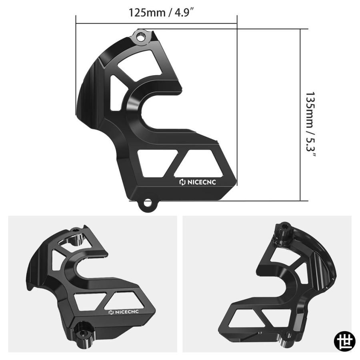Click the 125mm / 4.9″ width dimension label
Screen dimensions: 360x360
(x=160, y=13)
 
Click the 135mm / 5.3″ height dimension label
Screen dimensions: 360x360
(x=310, y=124)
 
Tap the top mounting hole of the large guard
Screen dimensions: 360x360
(x=141, y=37)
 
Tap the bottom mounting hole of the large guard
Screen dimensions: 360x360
(x=148, y=204)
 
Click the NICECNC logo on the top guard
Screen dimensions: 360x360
(x=198, y=182)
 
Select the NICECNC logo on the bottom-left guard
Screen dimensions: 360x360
(x=124, y=312)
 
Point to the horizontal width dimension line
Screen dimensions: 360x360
(x=156, y=23)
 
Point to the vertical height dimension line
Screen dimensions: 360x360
(x=300, y=115)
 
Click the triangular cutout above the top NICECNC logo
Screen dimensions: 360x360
(x=199, y=164)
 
